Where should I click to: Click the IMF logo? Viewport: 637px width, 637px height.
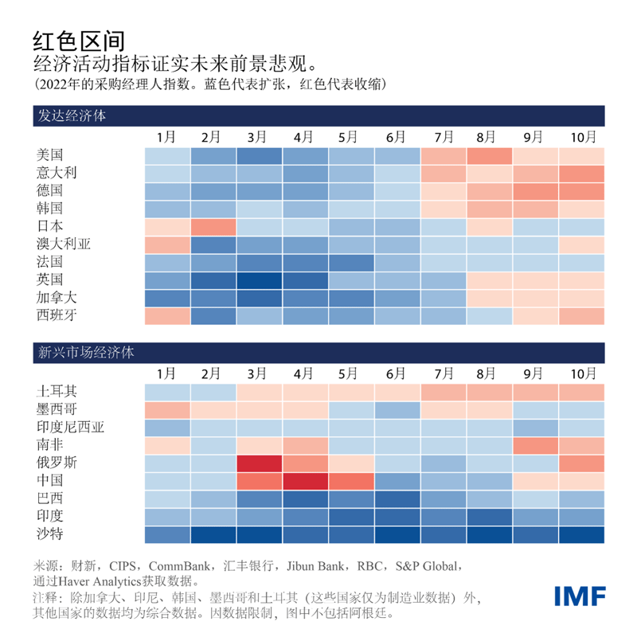coord(580,596)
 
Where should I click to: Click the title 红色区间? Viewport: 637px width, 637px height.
coord(79,40)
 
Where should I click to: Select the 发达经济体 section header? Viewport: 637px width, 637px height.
coord(72,115)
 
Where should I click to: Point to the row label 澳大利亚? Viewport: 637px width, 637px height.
coord(64,244)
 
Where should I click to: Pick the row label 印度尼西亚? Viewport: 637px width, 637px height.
coord(71,428)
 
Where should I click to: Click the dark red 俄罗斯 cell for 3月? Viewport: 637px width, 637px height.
coord(260,463)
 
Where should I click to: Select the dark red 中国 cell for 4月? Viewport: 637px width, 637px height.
coord(306,481)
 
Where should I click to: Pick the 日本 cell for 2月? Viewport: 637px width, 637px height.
coord(213,227)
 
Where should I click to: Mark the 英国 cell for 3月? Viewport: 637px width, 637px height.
coord(260,280)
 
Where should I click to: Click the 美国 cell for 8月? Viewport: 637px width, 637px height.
coord(489,155)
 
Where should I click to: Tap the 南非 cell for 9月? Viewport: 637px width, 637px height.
coord(535,445)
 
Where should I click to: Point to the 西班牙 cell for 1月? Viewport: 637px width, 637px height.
coord(167,316)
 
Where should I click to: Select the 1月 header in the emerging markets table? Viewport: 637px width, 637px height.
coord(167,373)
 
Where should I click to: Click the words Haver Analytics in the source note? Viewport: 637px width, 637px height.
coord(108,580)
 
